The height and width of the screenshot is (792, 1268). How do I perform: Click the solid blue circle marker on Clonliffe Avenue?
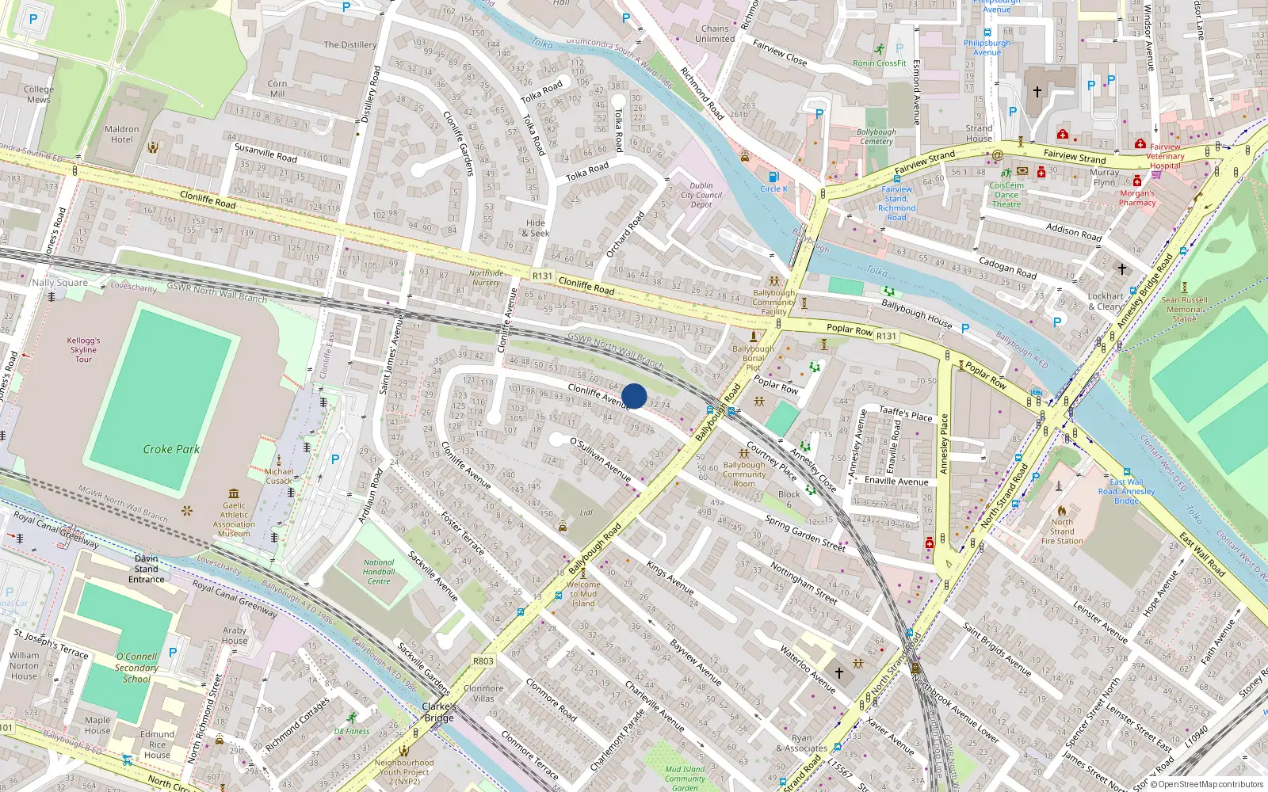coord(634,396)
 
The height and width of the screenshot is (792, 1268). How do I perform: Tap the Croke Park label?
coord(171,449)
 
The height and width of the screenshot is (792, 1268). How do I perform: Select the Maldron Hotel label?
coord(121,135)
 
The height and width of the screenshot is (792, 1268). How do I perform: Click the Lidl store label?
coord(586,512)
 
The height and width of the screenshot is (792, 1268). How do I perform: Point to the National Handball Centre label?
coord(379,572)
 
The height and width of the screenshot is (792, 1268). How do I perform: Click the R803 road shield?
coord(483,661)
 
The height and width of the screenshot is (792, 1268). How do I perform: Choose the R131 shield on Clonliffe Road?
coord(542,276)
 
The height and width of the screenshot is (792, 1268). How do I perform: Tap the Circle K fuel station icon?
coord(773,177)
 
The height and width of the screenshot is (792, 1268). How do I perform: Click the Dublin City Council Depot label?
coord(701,195)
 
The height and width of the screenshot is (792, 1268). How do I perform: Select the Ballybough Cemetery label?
coord(876,137)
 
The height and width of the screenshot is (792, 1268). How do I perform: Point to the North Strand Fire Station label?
coord(1062,531)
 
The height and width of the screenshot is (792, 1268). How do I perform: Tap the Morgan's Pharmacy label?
coord(1136,198)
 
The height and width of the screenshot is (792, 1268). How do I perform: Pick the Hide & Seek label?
coord(536,228)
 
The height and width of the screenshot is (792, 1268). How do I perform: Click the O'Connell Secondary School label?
coord(136,668)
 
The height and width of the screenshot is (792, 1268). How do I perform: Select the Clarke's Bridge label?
coord(439,712)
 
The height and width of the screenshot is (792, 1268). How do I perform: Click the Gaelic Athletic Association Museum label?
coord(234,520)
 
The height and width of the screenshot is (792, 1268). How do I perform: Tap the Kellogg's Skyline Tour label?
coord(83,349)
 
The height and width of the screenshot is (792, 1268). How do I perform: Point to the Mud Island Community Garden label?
coord(685,779)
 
